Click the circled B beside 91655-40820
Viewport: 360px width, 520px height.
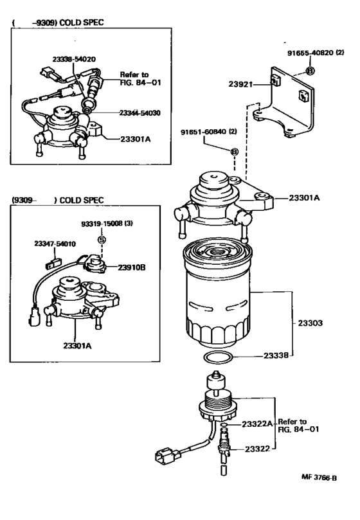point(310,69)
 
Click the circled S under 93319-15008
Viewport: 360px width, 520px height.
point(102,239)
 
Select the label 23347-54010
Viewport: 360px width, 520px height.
point(55,244)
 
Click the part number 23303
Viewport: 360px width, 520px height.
point(308,324)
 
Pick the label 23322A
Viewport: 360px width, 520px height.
point(259,425)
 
